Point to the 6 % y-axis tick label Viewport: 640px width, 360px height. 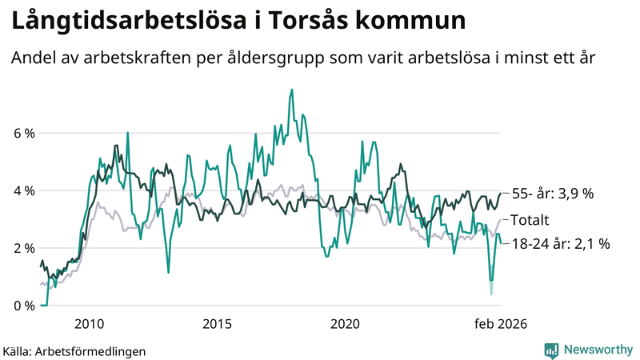point(23,134)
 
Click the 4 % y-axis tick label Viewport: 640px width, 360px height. point(23,191)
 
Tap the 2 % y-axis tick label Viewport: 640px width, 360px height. point(23,248)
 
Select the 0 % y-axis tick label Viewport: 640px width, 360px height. point(23,306)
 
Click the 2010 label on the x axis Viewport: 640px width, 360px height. point(89,323)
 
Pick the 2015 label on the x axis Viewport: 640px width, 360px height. point(217,323)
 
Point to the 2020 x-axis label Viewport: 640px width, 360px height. point(345,323)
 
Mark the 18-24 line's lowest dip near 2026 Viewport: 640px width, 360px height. point(491,293)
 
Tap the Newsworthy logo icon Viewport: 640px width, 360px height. point(551,350)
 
